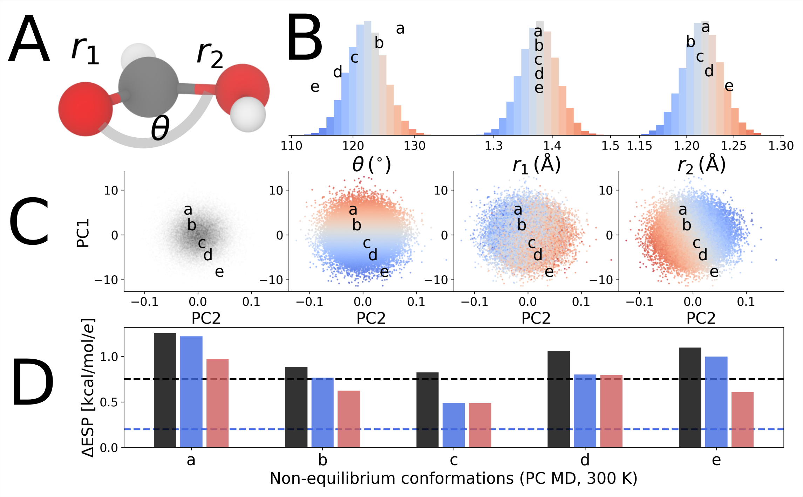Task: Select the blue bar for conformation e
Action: [716, 402]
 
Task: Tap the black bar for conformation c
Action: [427, 410]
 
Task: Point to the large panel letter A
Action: [29, 39]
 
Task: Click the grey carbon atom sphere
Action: [148, 87]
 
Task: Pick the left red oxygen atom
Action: [85, 109]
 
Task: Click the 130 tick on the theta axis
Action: [415, 146]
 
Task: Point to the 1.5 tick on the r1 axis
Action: [610, 146]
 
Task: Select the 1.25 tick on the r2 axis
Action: [734, 146]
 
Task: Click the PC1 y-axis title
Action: [83, 233]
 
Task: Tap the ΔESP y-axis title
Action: [88, 388]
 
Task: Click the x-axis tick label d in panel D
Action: [585, 460]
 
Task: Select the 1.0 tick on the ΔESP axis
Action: [109, 357]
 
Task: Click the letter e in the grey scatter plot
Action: [219, 272]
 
